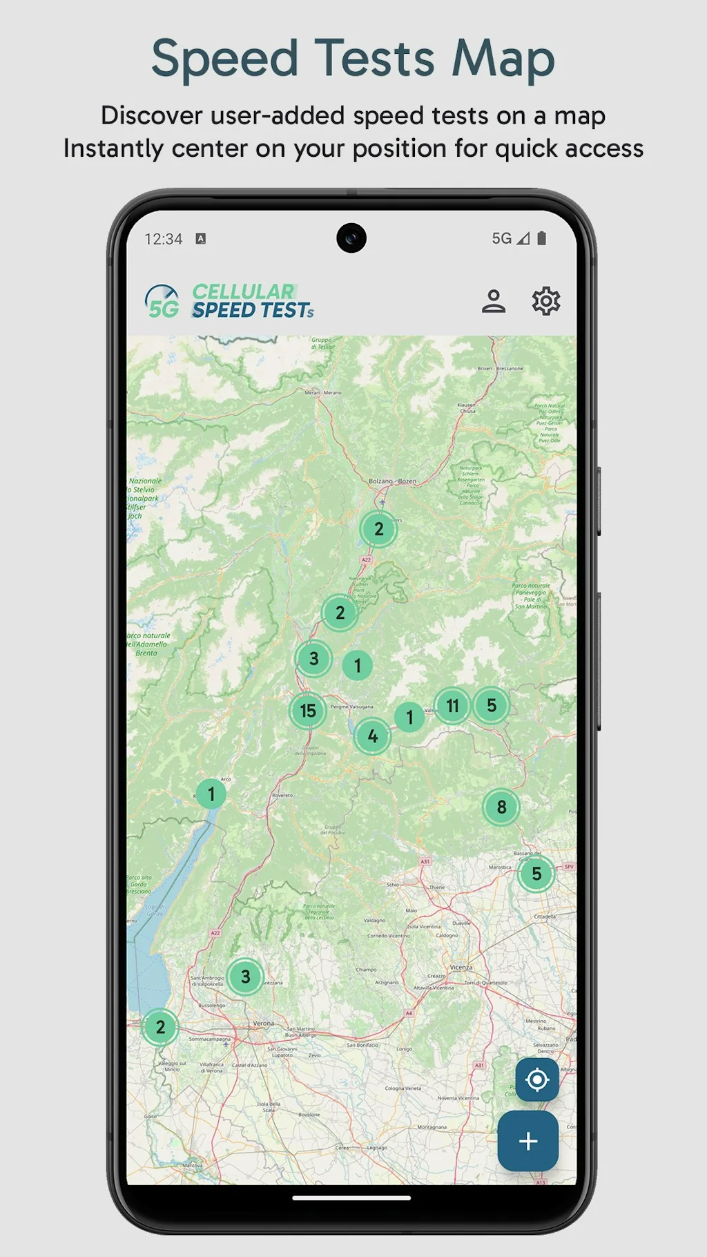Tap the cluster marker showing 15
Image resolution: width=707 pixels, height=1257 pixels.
tap(308, 711)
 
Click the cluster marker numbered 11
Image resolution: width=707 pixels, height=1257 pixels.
tap(452, 706)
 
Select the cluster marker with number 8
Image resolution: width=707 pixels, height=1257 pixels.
tap(501, 807)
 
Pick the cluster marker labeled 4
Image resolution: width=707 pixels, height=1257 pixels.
tap(373, 736)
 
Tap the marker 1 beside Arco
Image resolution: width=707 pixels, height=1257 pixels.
tap(211, 794)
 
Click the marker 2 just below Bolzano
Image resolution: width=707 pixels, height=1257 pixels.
tap(378, 529)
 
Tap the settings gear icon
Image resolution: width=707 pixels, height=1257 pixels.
tap(545, 301)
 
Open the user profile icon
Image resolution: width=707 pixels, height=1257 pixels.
tap(494, 301)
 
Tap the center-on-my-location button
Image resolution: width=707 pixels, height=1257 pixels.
tap(536, 1079)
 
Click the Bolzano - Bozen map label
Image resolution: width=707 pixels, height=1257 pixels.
tap(392, 481)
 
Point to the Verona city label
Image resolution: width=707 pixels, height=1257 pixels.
tap(263, 1023)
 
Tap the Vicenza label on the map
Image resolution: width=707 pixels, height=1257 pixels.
tap(461, 967)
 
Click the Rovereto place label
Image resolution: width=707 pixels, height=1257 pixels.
tap(282, 795)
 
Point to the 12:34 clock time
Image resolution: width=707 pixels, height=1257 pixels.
tap(164, 239)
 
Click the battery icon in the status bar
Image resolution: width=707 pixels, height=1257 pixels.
tap(542, 238)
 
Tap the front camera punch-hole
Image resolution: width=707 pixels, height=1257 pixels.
tap(351, 238)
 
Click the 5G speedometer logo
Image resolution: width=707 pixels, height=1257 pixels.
tap(162, 302)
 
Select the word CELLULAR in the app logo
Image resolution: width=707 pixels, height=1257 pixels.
tap(243, 291)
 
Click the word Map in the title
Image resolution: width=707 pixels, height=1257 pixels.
tap(503, 58)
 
